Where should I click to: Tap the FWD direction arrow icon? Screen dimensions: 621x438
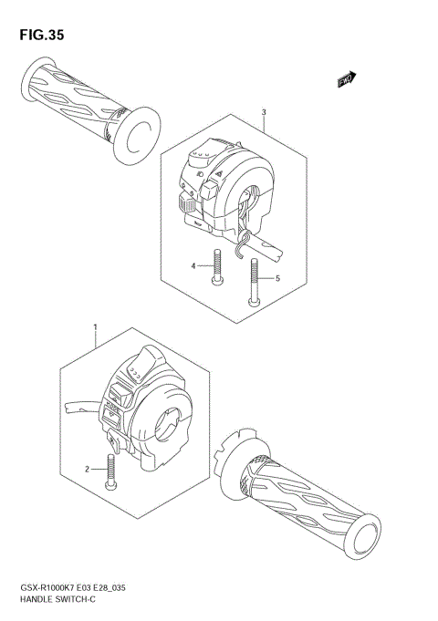coord(347,81)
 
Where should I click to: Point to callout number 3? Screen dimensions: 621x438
coord(263,114)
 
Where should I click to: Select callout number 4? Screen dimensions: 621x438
coord(193,266)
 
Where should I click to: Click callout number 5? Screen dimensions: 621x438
coord(277,278)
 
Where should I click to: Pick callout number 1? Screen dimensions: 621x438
coord(96,326)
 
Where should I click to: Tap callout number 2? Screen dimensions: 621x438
coord(89,469)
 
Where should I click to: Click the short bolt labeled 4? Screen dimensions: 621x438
coord(217,268)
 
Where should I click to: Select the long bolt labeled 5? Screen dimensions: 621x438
coord(253,282)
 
